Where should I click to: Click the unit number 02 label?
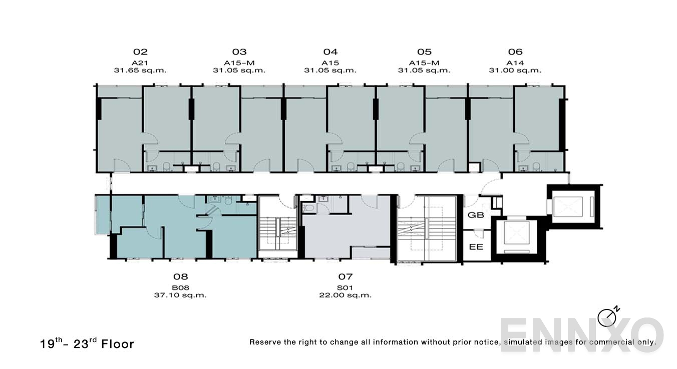[x=140, y=51]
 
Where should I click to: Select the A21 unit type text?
[x=140, y=62]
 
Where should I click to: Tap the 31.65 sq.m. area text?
[x=140, y=70]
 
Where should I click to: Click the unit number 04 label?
[x=330, y=51]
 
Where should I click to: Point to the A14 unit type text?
[x=515, y=62]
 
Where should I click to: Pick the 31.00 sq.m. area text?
[x=515, y=70]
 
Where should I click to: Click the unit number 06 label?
[x=515, y=51]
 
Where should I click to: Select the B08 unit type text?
[x=180, y=287]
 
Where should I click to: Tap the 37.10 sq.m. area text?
[x=180, y=295]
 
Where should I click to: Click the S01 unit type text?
[x=346, y=287]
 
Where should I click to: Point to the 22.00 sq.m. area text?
[x=346, y=295]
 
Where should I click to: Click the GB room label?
[x=475, y=215]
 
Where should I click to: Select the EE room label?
[x=475, y=247]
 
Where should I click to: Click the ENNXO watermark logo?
[x=581, y=334]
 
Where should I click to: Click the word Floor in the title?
[x=118, y=344]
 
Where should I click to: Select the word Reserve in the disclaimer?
[x=265, y=342]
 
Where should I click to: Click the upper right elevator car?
[x=571, y=205]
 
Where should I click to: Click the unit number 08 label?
[x=180, y=276]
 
